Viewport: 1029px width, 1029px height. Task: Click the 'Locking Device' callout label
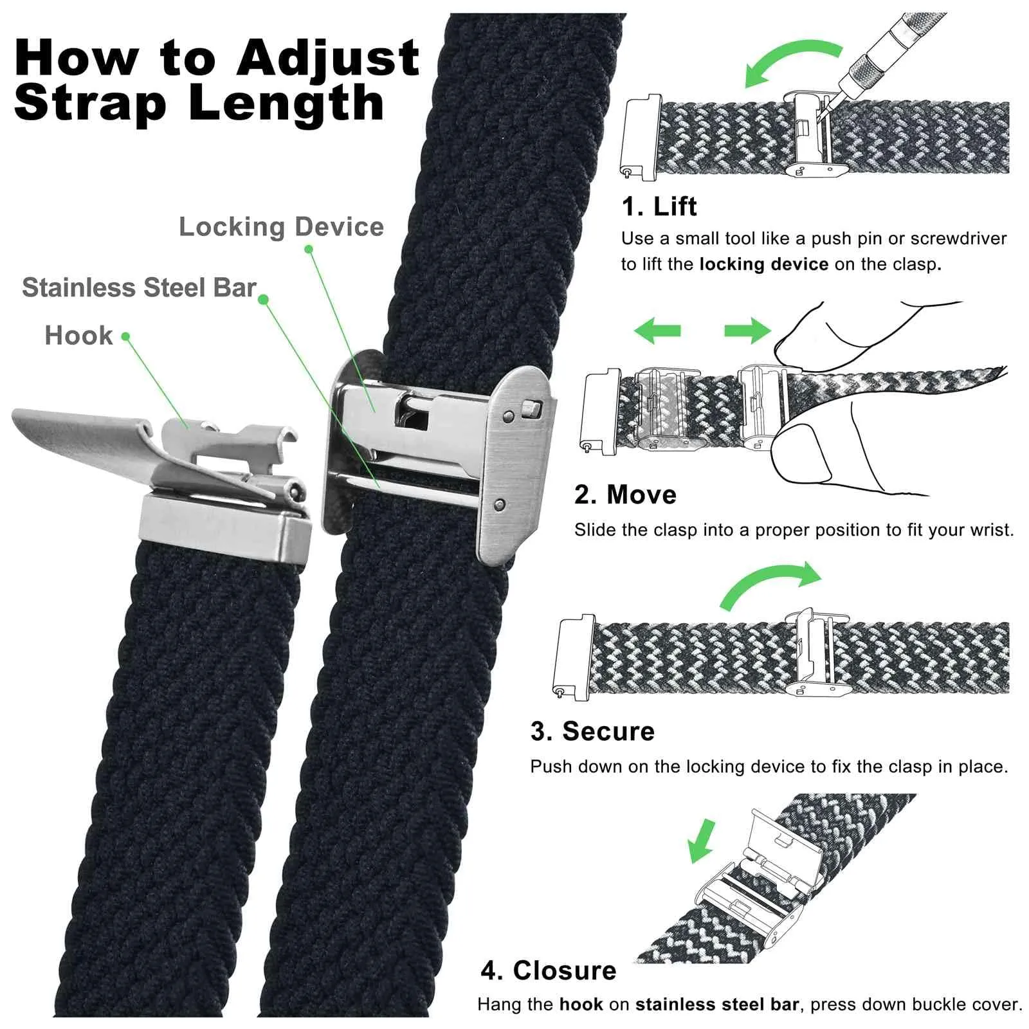tap(281, 227)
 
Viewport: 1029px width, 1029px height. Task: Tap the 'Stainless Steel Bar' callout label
tap(139, 287)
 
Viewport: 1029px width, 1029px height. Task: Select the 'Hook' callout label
tap(78, 336)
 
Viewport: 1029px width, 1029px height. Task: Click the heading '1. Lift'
tap(659, 206)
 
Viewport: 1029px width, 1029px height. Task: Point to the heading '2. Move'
tap(625, 495)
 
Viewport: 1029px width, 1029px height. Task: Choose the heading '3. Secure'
tap(592, 731)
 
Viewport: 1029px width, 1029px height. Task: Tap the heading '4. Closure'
tap(549, 970)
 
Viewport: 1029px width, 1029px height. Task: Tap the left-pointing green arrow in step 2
tap(657, 331)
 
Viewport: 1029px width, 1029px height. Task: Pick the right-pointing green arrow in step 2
tap(747, 331)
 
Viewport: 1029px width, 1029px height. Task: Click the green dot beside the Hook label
tap(125, 336)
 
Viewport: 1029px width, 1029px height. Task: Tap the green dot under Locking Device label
tap(309, 249)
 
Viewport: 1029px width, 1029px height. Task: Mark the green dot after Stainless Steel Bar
tap(263, 300)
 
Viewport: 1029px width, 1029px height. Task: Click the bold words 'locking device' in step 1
tap(763, 264)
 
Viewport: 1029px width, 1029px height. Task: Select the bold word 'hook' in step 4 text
tap(581, 1005)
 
